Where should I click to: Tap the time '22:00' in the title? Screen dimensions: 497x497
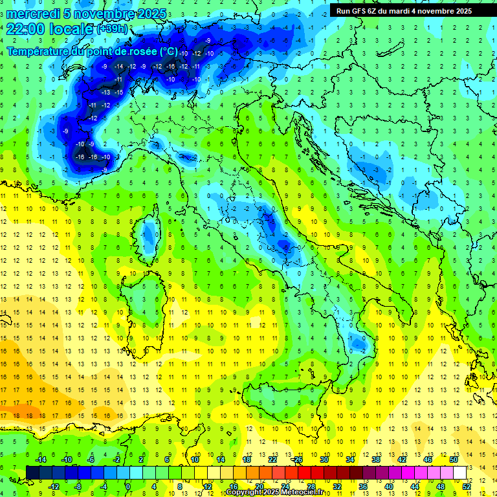tap(26, 29)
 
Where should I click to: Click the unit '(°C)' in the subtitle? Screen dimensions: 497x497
tap(168, 50)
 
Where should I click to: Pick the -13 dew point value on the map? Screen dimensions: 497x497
tap(105, 93)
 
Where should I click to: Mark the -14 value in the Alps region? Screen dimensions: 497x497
tap(118, 67)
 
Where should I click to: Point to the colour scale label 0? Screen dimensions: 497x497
tap(128, 487)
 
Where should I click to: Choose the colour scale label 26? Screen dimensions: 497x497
tap(297, 459)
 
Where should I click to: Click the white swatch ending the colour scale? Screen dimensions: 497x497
tap(459, 472)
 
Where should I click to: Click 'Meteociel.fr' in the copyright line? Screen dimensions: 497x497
tap(307, 492)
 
